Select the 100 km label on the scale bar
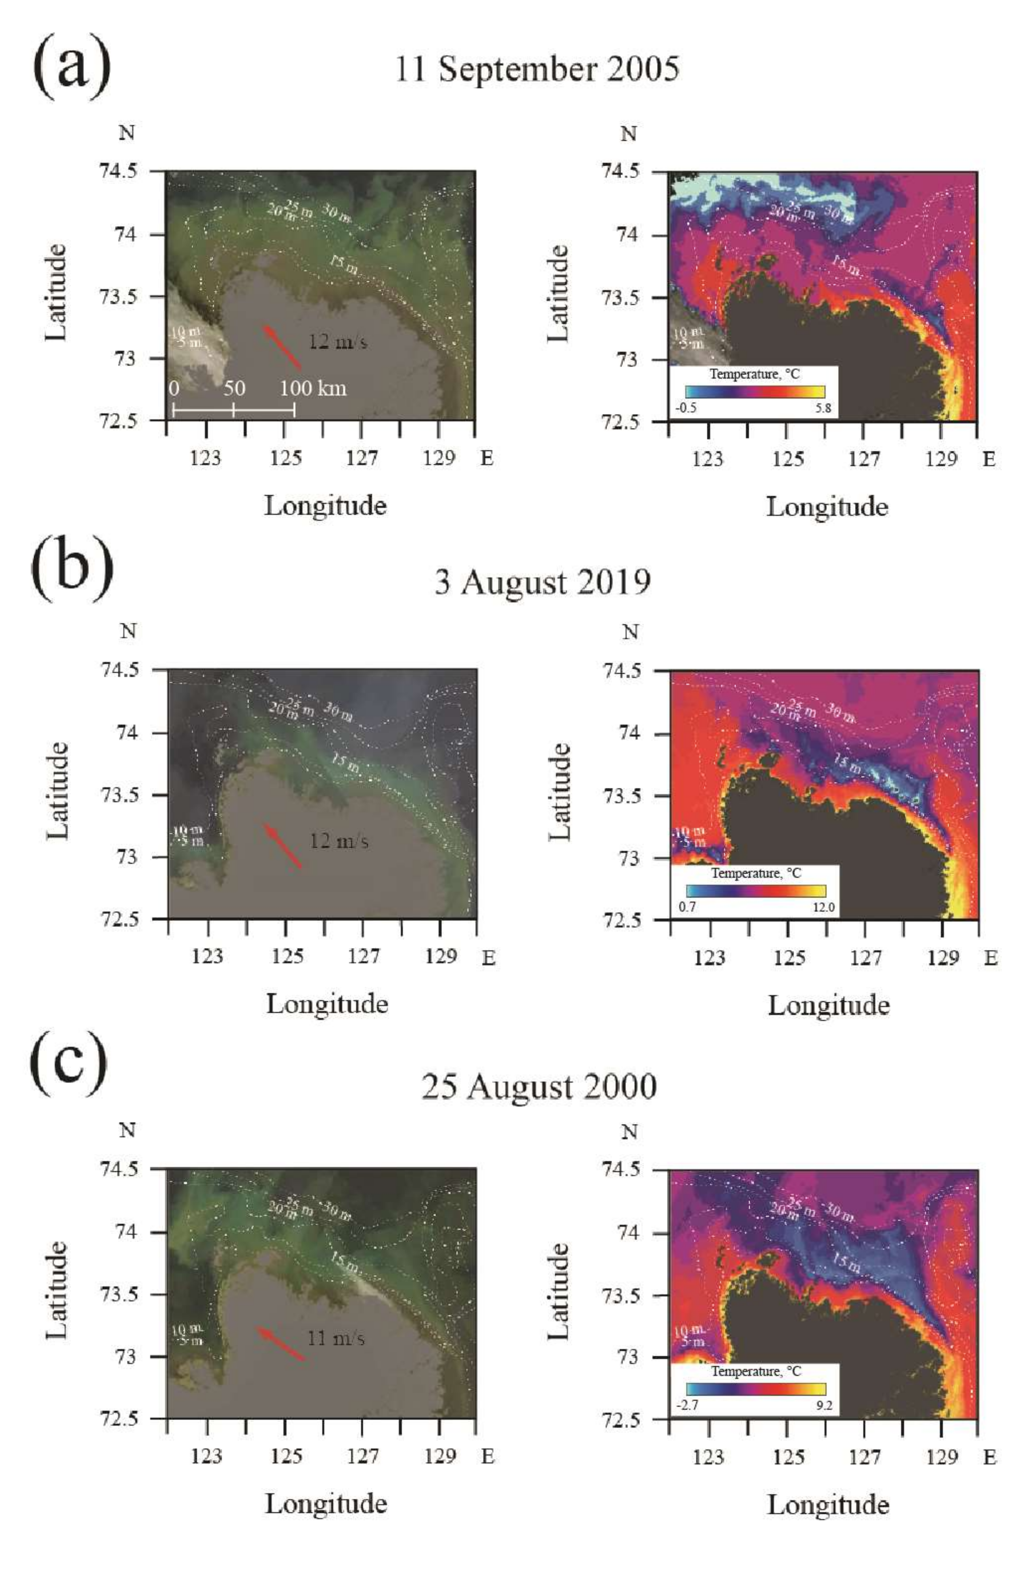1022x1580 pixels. [313, 388]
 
